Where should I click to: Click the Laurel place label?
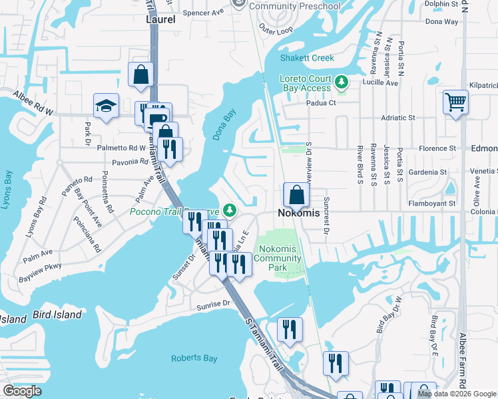[x=160, y=19]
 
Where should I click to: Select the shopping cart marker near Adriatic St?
[x=456, y=102]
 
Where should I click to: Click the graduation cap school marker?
[x=106, y=106]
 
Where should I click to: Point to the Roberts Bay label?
[x=194, y=358]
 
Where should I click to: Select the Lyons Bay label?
[x=9, y=190]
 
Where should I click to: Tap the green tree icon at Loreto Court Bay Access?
[x=342, y=82]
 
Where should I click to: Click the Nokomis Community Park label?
[x=278, y=258]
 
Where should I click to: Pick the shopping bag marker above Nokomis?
[x=296, y=196]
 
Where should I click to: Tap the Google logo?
[x=22, y=391]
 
